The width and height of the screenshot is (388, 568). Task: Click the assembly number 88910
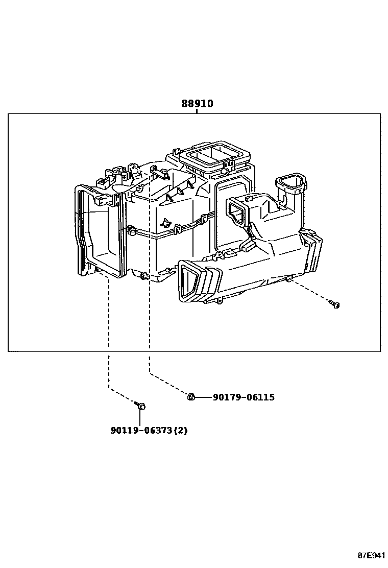197,104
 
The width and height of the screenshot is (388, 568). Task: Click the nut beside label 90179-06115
190,397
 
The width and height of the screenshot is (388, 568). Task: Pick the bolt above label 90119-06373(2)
140,406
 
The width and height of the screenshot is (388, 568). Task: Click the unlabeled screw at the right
335,305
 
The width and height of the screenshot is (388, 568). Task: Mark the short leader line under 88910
197,111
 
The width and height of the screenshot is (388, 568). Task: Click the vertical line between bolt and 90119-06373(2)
140,416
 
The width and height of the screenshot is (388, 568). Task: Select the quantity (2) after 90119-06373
181,431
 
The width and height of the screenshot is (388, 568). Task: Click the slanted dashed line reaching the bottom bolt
123,396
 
